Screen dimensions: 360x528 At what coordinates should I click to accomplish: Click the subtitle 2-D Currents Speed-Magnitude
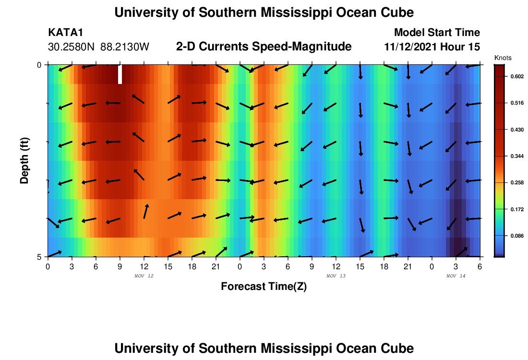[x=264, y=47]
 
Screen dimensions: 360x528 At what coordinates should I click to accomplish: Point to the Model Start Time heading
[x=436, y=33]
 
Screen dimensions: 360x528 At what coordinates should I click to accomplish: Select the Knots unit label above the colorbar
[x=503, y=58]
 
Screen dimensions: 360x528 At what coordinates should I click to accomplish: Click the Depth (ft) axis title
[x=24, y=161]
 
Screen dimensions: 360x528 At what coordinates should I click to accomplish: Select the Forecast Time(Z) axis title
[x=264, y=287]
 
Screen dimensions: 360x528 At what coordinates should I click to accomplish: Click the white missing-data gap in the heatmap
[x=120, y=74]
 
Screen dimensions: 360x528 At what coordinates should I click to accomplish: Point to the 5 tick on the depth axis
[x=39, y=257]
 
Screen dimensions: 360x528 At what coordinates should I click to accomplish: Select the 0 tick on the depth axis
[x=39, y=65]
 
